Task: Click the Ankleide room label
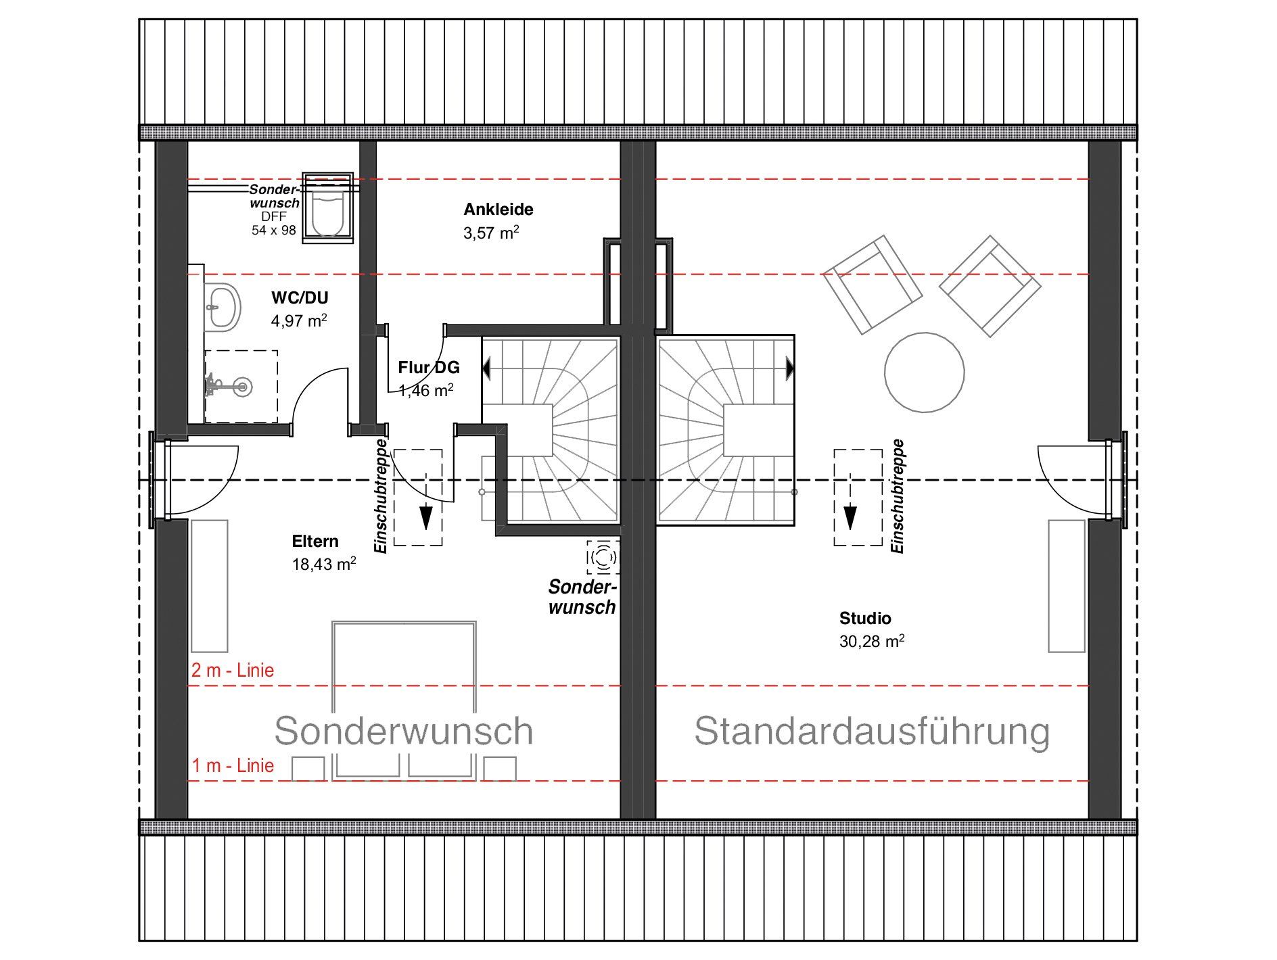(x=498, y=210)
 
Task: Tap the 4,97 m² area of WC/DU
(x=299, y=320)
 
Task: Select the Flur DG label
(x=429, y=367)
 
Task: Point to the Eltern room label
(x=315, y=541)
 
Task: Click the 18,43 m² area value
(x=324, y=564)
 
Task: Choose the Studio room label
(x=865, y=618)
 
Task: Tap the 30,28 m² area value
(x=872, y=641)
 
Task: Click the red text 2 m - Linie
(x=233, y=670)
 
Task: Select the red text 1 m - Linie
(x=233, y=765)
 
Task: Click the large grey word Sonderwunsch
(x=404, y=731)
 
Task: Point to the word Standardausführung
(x=873, y=731)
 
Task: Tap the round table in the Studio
(x=925, y=373)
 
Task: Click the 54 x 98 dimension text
(x=274, y=230)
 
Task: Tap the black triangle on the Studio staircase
(x=789, y=368)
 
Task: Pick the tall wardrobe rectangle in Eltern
(x=210, y=585)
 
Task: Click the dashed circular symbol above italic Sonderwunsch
(x=603, y=557)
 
